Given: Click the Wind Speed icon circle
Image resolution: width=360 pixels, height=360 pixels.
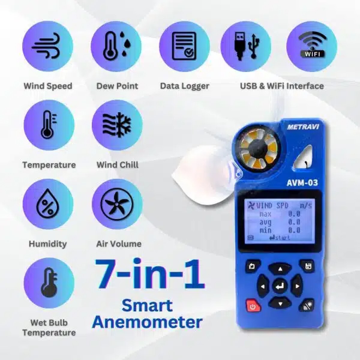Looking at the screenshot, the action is (47, 46).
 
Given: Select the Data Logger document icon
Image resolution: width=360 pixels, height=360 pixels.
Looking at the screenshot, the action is (184, 46).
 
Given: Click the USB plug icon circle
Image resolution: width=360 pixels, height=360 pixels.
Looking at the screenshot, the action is (246, 46).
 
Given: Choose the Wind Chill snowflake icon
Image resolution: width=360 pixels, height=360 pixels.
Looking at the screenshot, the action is (117, 125).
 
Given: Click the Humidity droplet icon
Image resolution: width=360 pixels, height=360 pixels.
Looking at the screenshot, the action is (48, 204).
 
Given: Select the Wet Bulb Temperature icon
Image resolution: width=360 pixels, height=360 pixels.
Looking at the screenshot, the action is (49, 283).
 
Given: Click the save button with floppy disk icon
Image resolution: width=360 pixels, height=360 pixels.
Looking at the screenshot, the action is (307, 266).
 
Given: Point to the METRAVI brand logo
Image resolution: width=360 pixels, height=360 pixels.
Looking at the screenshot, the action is (303, 127).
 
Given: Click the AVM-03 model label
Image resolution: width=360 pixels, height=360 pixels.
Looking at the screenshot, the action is (302, 182).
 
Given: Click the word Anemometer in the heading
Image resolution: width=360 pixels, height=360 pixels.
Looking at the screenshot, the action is (148, 322).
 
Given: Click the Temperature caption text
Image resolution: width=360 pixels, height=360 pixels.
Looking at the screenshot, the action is (49, 165).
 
